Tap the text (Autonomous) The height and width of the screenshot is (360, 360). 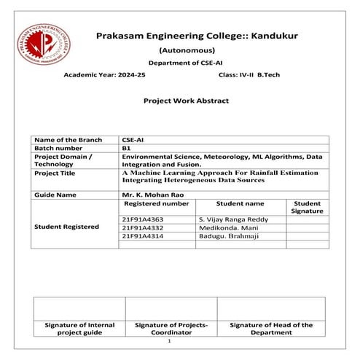(x=187, y=51)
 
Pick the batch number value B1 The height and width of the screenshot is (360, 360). (x=126, y=148)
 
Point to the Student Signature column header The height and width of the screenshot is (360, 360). (x=307, y=208)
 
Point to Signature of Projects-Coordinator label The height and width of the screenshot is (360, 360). (x=172, y=328)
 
